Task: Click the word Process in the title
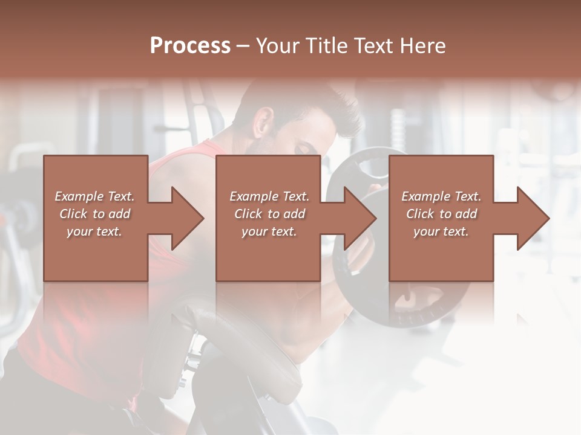point(190,46)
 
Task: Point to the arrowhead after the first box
point(185,218)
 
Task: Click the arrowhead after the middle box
point(358,218)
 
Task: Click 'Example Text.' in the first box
point(94,196)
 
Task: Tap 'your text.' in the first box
point(94,231)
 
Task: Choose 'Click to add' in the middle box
point(269,214)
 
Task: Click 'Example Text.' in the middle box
point(269,196)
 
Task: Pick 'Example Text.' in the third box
point(441,196)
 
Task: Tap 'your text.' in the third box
point(441,231)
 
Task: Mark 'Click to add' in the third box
point(441,214)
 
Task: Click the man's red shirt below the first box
point(79,326)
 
